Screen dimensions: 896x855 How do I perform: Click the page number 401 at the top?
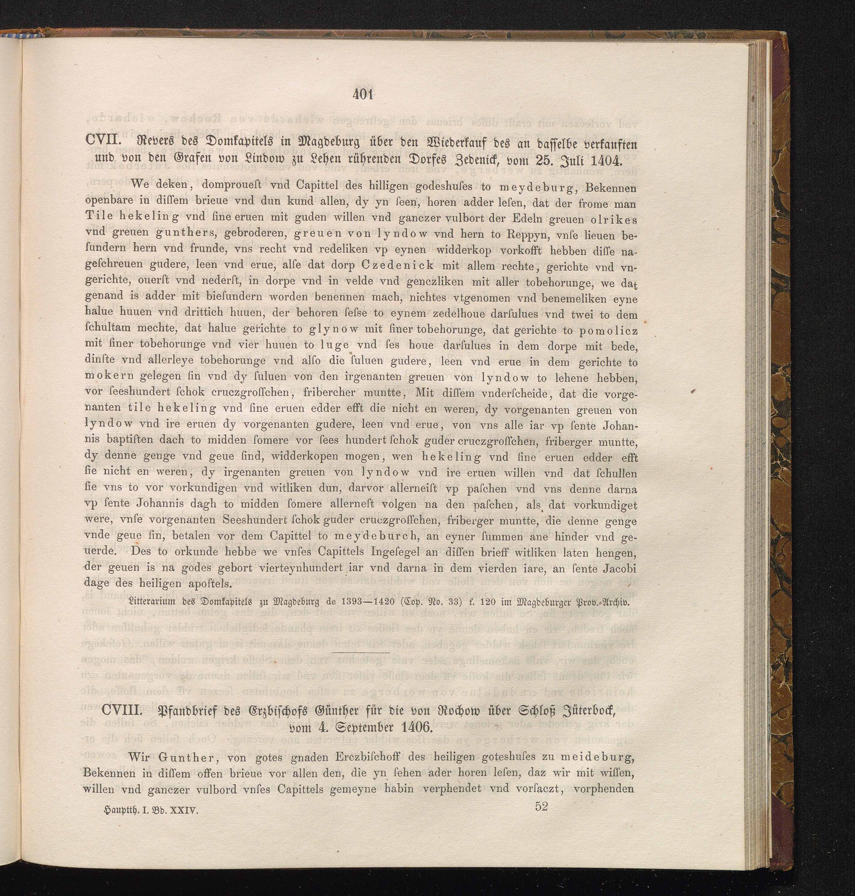point(363,94)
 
